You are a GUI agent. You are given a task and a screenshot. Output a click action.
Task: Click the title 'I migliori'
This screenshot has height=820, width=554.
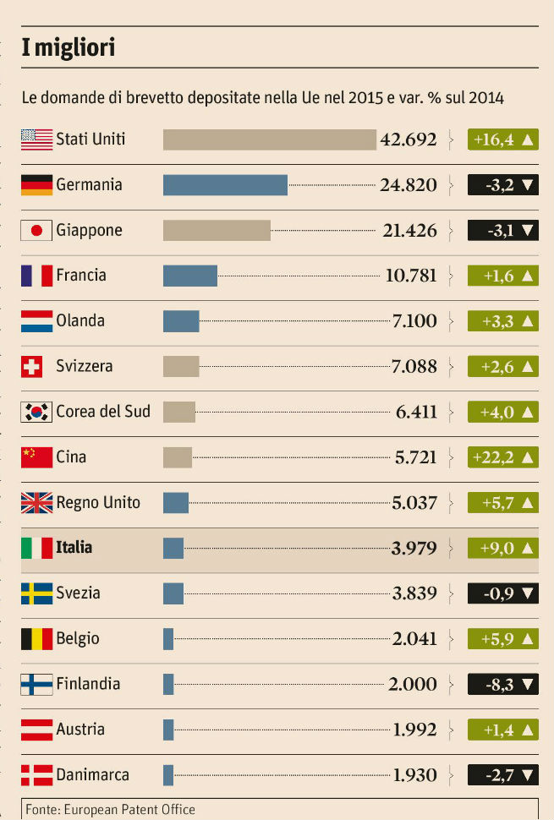(x=69, y=48)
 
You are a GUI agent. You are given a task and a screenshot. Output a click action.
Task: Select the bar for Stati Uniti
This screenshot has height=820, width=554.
(x=269, y=139)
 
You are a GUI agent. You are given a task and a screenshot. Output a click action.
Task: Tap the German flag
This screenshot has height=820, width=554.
(x=36, y=184)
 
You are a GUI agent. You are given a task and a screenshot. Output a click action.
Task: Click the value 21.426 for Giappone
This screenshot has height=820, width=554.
(x=409, y=230)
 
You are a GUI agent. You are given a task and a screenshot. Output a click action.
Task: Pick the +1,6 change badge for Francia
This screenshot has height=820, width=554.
(x=503, y=276)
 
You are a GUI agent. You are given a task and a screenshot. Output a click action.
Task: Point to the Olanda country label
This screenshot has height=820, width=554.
(x=80, y=321)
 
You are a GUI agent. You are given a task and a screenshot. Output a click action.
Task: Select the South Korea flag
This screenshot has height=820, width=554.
(x=36, y=412)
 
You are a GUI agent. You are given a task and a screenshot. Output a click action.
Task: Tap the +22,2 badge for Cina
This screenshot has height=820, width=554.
(x=503, y=457)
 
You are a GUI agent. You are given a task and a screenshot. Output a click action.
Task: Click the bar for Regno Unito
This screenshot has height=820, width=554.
(x=176, y=503)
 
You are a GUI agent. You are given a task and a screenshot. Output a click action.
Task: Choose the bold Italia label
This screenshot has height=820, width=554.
(x=74, y=548)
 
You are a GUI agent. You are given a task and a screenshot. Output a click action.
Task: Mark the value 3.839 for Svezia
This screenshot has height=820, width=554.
(x=414, y=593)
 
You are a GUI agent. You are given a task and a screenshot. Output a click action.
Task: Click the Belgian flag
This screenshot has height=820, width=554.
(x=36, y=638)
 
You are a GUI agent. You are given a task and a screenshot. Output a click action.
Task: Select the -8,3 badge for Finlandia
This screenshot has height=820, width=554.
(x=503, y=684)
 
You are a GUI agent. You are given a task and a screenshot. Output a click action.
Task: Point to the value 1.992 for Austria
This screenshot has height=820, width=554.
(x=414, y=730)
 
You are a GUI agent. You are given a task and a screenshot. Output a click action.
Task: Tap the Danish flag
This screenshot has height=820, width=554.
(x=36, y=774)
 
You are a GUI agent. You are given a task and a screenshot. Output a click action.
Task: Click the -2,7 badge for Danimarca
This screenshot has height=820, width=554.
(x=503, y=774)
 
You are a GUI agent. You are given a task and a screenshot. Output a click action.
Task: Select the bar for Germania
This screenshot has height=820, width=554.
(x=225, y=184)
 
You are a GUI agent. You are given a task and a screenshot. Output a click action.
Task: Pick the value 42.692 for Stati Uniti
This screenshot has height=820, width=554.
(x=409, y=139)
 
